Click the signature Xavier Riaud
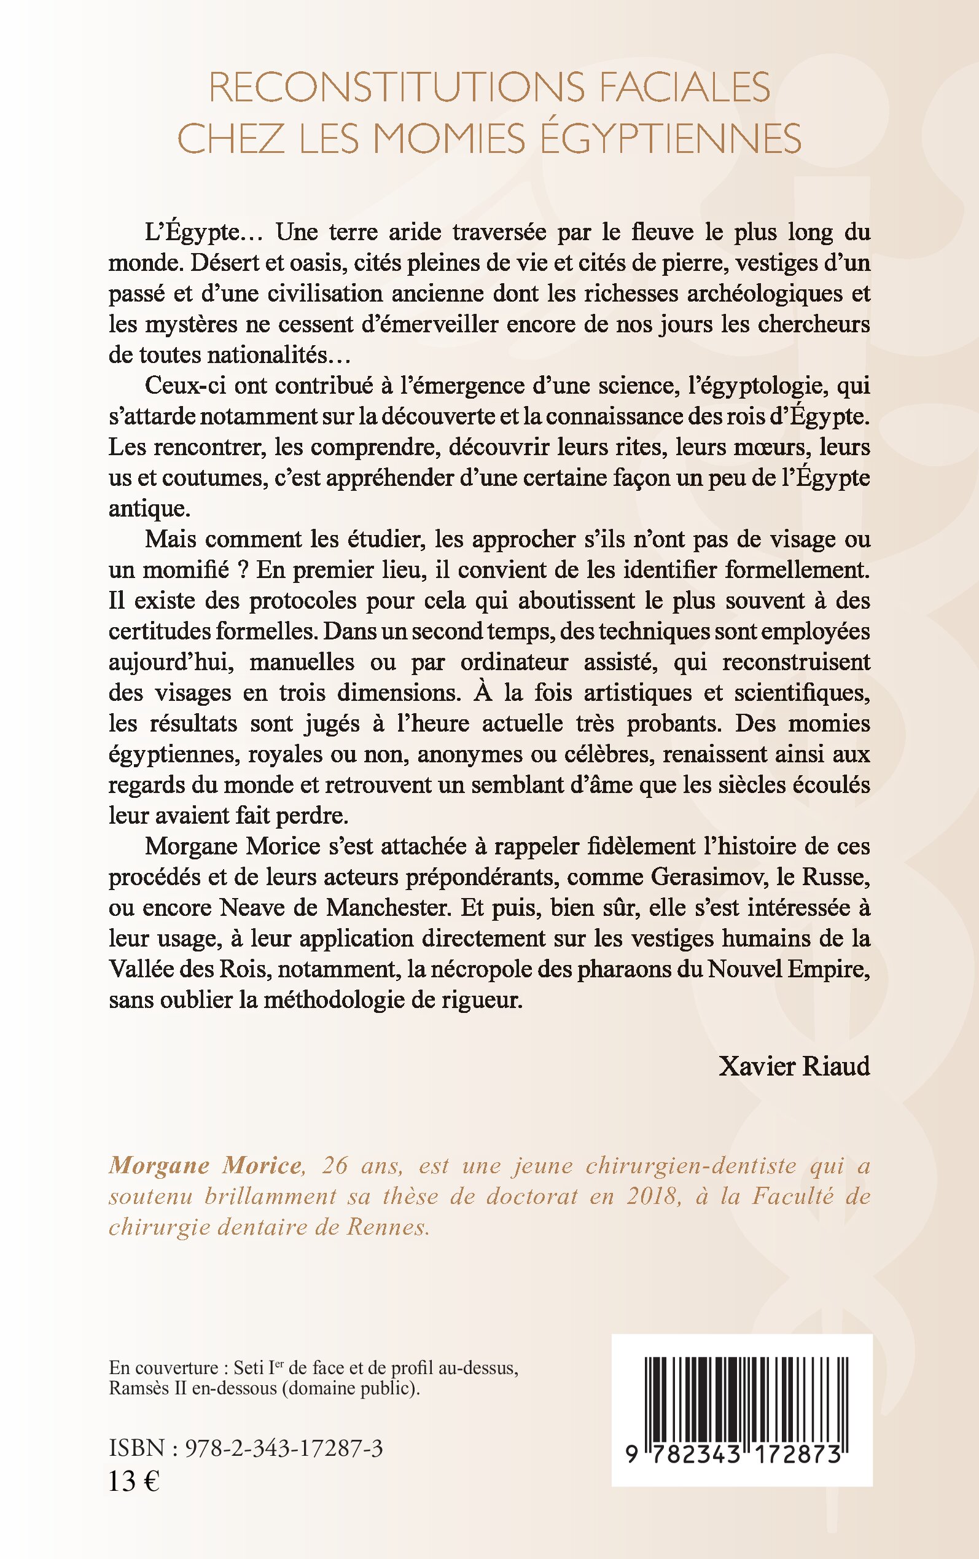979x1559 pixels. (794, 1066)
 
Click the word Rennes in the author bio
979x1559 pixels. (388, 1227)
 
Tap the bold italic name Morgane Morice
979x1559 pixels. (205, 1166)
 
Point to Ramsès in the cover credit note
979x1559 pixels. (135, 1389)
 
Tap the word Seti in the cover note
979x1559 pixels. (249, 1368)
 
